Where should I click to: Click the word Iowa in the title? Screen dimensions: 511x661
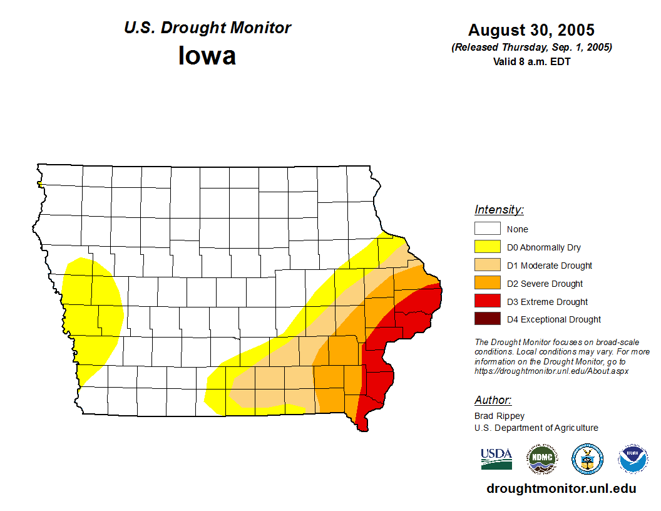207,56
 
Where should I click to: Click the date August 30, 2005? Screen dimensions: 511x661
531,30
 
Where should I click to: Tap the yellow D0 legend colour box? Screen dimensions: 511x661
487,247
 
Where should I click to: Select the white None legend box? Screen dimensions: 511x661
487,229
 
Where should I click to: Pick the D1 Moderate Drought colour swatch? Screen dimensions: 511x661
487,266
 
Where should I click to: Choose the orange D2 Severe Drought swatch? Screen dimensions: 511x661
487,284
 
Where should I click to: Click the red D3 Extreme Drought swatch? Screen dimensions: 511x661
487,302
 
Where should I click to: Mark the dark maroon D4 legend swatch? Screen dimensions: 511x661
487,319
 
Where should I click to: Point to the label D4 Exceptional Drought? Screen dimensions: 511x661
554,319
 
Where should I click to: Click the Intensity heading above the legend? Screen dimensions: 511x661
499,210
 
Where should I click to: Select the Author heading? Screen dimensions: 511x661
493,400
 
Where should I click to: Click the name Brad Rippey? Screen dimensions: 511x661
500,416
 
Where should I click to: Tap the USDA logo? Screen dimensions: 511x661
496,459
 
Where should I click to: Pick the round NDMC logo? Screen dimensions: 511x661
541,459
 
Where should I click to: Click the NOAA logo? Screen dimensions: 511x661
633,459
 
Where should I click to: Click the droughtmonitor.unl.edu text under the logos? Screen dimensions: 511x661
561,489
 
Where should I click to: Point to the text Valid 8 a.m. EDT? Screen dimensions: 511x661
531,61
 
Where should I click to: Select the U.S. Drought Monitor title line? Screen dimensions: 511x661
207,28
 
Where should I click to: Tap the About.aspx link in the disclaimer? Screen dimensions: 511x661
551,371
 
